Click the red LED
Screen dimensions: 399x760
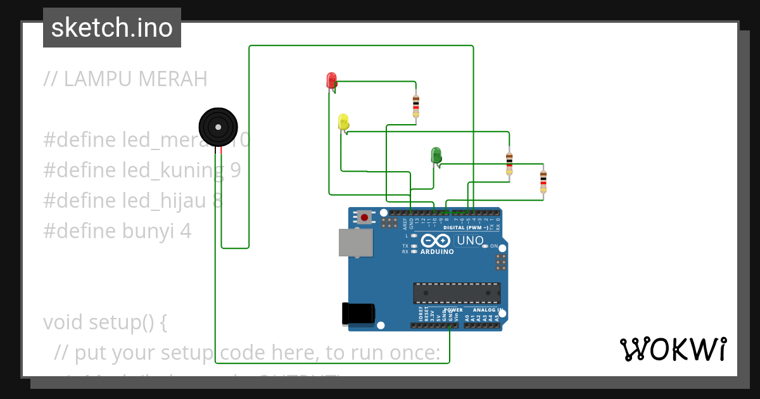point(331,80)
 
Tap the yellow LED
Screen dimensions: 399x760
point(343,122)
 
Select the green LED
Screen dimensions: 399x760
point(436,155)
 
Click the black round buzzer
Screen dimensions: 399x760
point(218,127)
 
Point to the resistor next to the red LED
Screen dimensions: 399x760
point(415,106)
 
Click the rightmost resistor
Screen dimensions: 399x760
point(543,181)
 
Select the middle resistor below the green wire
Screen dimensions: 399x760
point(509,163)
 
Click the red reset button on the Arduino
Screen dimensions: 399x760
point(364,217)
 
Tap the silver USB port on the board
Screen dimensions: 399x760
point(355,243)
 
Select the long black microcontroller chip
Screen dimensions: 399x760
point(457,293)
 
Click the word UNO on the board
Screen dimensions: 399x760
point(470,241)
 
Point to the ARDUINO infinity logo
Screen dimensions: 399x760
point(436,241)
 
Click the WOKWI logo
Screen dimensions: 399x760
point(673,349)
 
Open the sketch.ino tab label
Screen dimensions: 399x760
point(112,28)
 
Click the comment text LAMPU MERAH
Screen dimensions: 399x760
point(125,79)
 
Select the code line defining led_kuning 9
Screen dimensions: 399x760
point(142,170)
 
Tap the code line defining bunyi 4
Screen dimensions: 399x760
point(117,231)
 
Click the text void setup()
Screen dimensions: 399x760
point(105,322)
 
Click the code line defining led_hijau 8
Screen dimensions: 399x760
point(133,201)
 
